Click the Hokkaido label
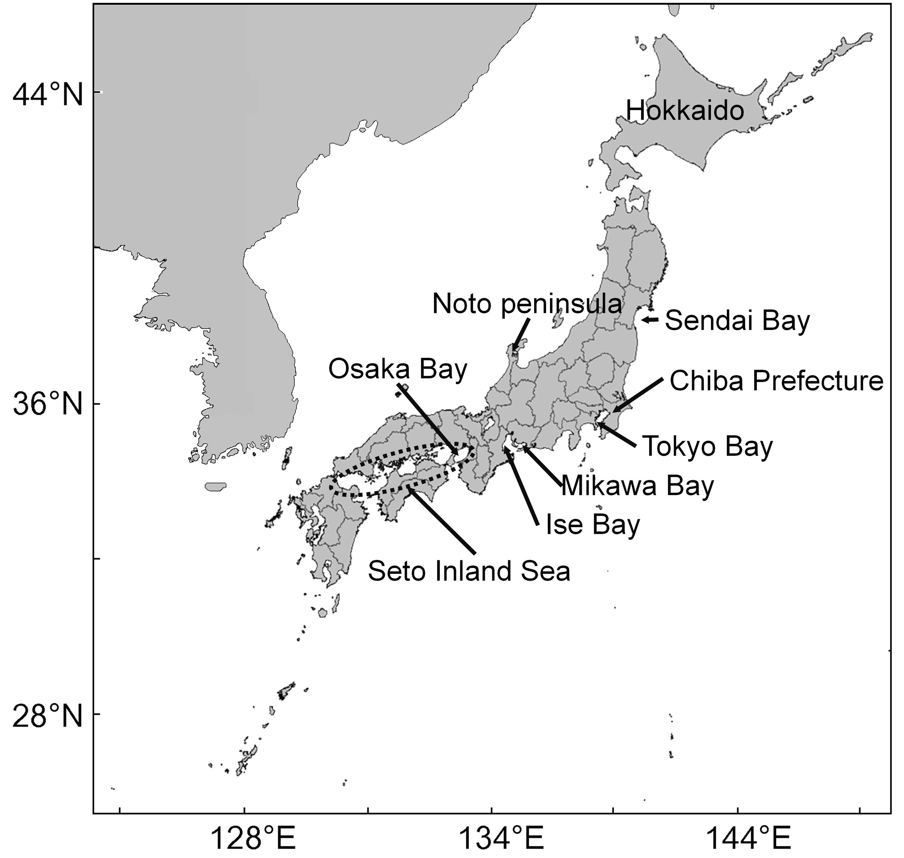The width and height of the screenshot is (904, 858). [x=685, y=111]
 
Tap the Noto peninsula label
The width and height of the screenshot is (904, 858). [x=527, y=304]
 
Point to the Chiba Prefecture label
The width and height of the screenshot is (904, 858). [x=776, y=381]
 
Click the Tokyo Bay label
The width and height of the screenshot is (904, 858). [x=707, y=446]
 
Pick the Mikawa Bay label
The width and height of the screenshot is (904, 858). [x=637, y=486]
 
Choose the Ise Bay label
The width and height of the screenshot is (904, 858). [x=593, y=524]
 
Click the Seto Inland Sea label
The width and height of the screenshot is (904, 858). [x=469, y=571]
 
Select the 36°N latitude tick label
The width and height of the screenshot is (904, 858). [x=48, y=405]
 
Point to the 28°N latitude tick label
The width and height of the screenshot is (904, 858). [x=48, y=716]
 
